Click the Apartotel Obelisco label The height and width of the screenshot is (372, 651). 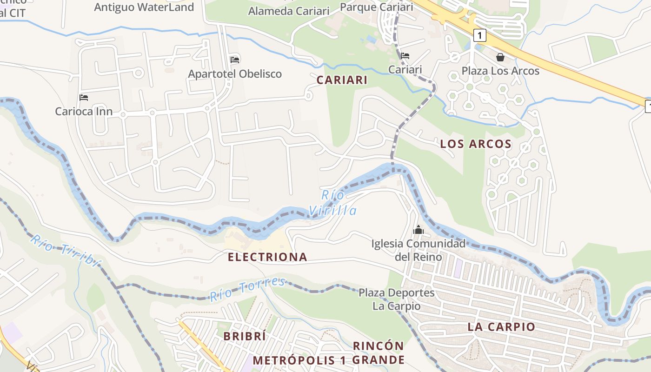[x=235, y=74]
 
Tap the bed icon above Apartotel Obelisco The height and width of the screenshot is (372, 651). [x=235, y=60]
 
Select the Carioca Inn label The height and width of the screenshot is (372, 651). [x=84, y=112]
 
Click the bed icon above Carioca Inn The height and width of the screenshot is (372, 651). [x=84, y=98]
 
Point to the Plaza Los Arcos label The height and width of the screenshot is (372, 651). [x=500, y=71]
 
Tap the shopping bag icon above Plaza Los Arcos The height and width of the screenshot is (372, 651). [x=500, y=57]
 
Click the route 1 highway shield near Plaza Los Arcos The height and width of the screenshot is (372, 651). [x=480, y=35]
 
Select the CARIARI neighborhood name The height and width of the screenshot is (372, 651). [x=342, y=80]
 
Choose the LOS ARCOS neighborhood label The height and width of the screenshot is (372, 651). [x=476, y=144]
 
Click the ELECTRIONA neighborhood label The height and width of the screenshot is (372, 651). [x=267, y=257]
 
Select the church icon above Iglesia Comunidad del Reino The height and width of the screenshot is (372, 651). [x=418, y=230]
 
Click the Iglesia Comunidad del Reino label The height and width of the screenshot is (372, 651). [x=418, y=250]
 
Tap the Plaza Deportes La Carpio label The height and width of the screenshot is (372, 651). [x=396, y=299]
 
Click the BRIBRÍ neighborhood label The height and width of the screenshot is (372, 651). [x=244, y=336]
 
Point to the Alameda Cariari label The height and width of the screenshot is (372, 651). [x=289, y=11]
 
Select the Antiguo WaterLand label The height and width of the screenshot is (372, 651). [x=144, y=7]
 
